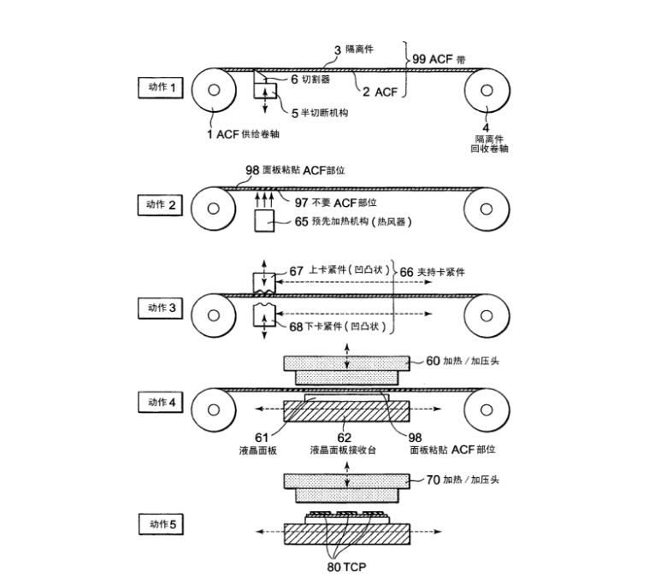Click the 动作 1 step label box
(161, 87)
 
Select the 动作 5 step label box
(161, 524)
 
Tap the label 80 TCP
(346, 564)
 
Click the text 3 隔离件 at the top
(359, 50)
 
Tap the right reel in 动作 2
(484, 208)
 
